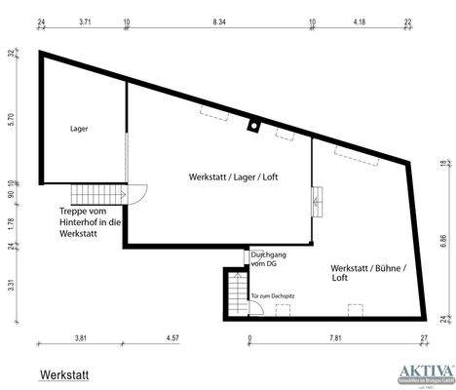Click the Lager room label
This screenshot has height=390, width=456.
point(79,128)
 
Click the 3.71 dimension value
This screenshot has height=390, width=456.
point(85,19)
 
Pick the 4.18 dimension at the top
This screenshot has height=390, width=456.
point(359,19)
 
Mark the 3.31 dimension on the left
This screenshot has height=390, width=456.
point(13,286)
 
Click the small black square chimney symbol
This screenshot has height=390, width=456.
point(253,124)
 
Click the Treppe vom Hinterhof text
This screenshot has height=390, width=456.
point(90,222)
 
